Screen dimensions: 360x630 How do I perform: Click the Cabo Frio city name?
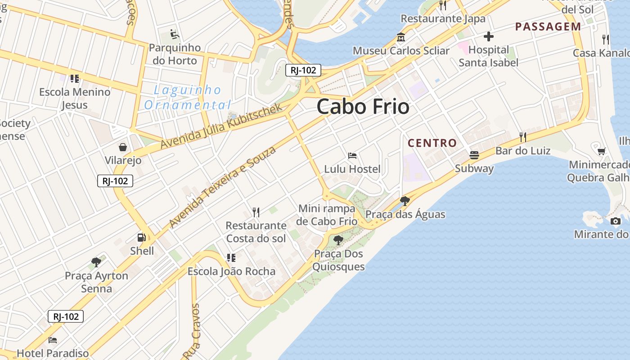[x=363, y=107]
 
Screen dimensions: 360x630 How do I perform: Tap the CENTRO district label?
[x=432, y=143]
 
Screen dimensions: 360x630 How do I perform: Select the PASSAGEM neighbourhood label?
[x=548, y=27]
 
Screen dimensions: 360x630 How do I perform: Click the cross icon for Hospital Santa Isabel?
[x=488, y=36]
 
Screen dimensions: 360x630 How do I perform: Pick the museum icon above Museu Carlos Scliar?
[x=400, y=37]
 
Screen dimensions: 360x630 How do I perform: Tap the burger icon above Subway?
[x=474, y=155]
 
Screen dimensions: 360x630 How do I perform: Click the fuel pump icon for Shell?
[x=141, y=237]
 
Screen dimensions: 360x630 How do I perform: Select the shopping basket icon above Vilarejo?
[x=122, y=147]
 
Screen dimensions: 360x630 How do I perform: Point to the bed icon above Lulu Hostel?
[x=352, y=156]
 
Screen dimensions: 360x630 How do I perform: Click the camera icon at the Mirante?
[x=615, y=221]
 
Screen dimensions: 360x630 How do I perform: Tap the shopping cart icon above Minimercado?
[x=601, y=151]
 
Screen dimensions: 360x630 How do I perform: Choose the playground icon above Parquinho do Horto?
[x=175, y=34]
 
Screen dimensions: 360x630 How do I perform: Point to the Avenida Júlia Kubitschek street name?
[x=221, y=126]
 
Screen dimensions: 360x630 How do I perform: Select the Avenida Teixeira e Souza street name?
[x=222, y=187]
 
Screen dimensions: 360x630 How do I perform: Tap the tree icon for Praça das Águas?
[x=405, y=201]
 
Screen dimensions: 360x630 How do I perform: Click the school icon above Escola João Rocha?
[x=231, y=258]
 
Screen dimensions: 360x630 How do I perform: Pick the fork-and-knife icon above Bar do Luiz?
[x=522, y=137]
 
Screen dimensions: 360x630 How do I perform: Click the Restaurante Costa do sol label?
[x=256, y=232]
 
